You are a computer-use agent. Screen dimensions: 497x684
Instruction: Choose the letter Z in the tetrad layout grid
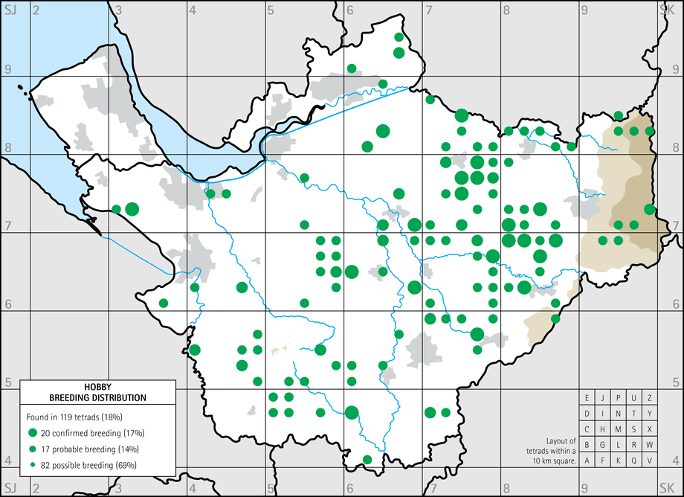pos(649,398)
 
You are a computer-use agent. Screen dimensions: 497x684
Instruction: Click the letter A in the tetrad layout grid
pos(587,461)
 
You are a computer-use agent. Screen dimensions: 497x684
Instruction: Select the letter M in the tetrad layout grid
pos(618,429)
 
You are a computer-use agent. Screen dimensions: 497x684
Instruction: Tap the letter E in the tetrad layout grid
pos(587,398)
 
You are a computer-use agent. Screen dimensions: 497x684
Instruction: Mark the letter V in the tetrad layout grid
pos(649,461)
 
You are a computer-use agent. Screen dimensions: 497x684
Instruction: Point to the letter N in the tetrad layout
pos(618,414)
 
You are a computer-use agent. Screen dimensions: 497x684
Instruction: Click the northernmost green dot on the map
pos(399,36)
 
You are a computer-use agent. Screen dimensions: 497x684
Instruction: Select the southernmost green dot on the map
pos(367,459)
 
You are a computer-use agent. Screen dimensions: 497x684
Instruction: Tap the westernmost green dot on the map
pos(116,209)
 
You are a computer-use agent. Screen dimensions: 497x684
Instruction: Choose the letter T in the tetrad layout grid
pos(633,414)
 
